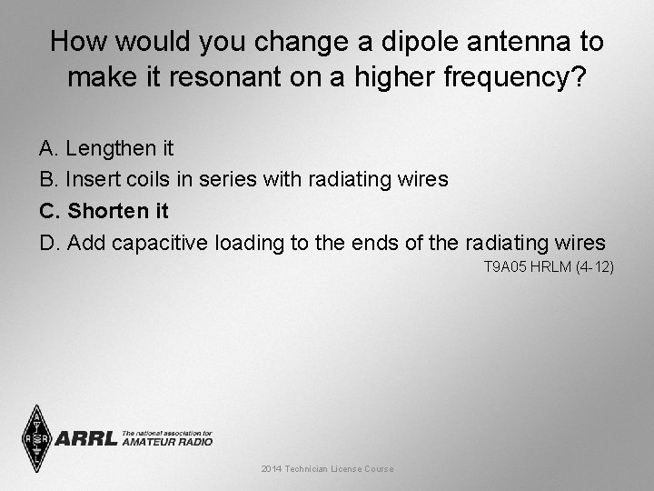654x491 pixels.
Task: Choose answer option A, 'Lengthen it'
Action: point(107,147)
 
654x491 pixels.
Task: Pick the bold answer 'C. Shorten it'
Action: point(104,211)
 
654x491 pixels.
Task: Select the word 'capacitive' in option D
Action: point(165,243)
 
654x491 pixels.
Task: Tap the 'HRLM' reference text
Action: point(549,267)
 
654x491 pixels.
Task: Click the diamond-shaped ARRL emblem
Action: point(36,437)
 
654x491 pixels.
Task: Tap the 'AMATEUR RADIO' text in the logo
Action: point(167,442)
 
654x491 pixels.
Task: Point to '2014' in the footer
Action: point(271,468)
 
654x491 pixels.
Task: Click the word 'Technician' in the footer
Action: point(309,468)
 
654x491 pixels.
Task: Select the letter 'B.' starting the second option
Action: point(47,179)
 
